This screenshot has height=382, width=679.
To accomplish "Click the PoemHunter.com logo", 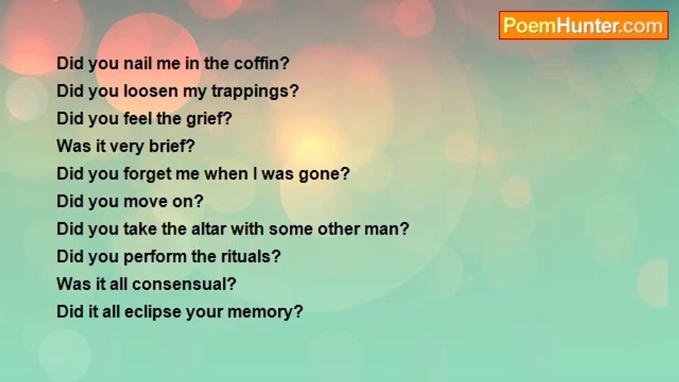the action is (x=584, y=25).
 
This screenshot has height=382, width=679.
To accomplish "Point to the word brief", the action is (x=168, y=146).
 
